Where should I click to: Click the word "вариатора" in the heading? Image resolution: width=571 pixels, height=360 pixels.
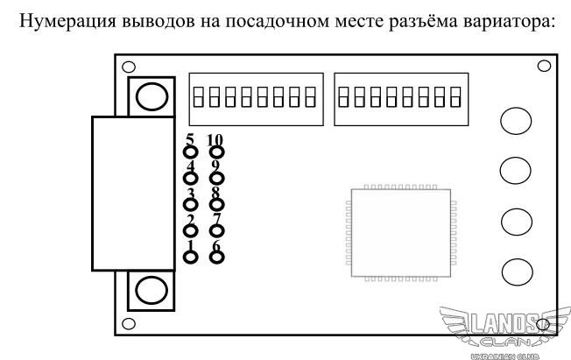(x=509, y=21)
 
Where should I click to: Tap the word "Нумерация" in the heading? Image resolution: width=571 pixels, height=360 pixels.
(x=67, y=21)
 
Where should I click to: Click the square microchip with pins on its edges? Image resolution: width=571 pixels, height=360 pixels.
(x=401, y=233)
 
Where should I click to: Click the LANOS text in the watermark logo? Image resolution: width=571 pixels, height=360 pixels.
(x=504, y=323)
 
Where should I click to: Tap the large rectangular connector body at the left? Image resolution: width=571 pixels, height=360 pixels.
(x=133, y=194)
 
